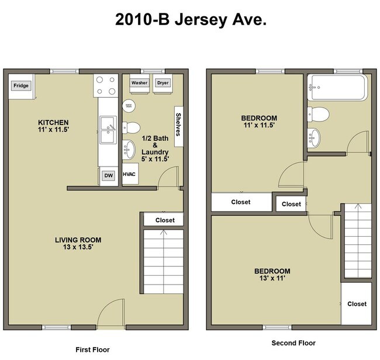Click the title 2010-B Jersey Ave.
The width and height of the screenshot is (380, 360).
(191, 20)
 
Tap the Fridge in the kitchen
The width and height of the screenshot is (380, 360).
(21, 86)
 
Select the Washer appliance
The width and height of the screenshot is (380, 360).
(139, 83)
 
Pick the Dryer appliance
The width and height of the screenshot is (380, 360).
(163, 83)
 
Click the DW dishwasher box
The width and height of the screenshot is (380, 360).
(108, 175)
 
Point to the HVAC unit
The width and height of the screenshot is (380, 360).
(130, 174)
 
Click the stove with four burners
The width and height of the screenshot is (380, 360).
(106, 85)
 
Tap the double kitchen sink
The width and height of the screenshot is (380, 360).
(107, 130)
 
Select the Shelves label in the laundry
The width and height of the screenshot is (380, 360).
(178, 124)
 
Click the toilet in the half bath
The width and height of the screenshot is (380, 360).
(132, 127)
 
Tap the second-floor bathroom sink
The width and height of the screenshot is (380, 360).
(315, 137)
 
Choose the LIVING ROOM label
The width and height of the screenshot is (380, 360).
(78, 240)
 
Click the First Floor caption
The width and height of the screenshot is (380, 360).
(92, 349)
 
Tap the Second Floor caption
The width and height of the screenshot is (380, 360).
(293, 343)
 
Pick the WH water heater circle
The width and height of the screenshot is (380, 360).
(129, 106)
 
